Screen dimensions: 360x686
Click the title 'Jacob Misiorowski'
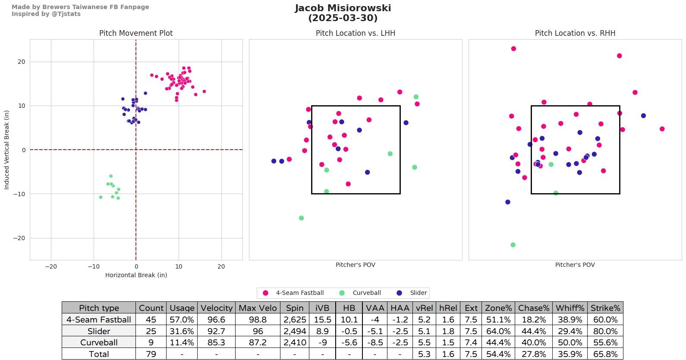pyautogui.click(x=343, y=8)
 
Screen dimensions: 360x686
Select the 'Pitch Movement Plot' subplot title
pyautogui.click(x=136, y=33)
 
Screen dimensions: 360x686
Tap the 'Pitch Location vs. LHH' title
pyautogui.click(x=355, y=33)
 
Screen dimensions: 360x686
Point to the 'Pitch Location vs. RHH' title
pyautogui.click(x=575, y=33)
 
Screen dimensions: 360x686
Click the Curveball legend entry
pyautogui.click(x=366, y=293)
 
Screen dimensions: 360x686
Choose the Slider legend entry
pyautogui.click(x=418, y=293)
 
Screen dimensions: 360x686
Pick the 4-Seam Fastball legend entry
pyautogui.click(x=299, y=293)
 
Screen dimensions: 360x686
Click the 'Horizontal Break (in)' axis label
pyautogui.click(x=136, y=275)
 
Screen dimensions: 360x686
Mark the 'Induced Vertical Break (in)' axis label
pyautogui.click(x=6, y=150)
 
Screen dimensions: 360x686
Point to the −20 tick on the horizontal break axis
pyautogui.click(x=51, y=266)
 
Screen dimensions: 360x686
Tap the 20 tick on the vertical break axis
pyautogui.click(x=22, y=62)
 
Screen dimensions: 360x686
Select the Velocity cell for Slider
pyautogui.click(x=216, y=331)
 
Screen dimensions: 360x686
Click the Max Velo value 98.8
pyautogui.click(x=258, y=319)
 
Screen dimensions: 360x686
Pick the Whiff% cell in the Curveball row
pyautogui.click(x=570, y=342)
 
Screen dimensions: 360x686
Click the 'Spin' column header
pyautogui.click(x=294, y=308)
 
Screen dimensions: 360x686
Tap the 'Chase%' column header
pyautogui.click(x=534, y=308)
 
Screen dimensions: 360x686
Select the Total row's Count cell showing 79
pyautogui.click(x=151, y=354)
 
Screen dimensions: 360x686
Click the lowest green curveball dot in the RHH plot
pyautogui.click(x=513, y=245)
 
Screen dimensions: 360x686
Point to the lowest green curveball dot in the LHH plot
pyautogui.click(x=301, y=218)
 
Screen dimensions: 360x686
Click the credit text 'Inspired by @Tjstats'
pyautogui.click(x=46, y=14)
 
